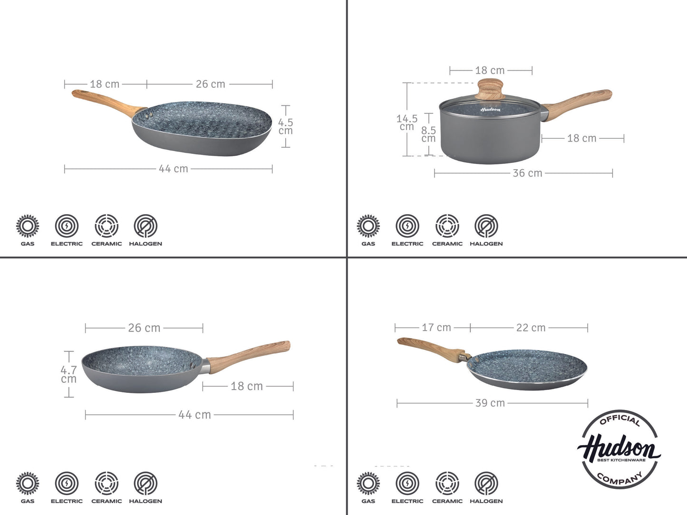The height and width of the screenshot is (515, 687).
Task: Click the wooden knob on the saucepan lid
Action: (490, 89)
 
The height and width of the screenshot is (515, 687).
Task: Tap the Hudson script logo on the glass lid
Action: (491, 109)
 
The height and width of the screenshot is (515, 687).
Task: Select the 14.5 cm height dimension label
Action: (407, 123)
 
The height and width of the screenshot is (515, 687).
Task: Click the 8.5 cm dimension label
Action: (428, 134)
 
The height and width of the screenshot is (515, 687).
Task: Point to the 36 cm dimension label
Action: (527, 173)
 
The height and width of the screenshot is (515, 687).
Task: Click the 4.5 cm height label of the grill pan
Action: (285, 126)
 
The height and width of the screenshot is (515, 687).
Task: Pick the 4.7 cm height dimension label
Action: (68, 374)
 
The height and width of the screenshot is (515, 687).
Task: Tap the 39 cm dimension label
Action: (490, 403)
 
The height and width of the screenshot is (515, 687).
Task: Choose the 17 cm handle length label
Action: (436, 328)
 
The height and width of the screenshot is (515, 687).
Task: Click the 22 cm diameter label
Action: (531, 328)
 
